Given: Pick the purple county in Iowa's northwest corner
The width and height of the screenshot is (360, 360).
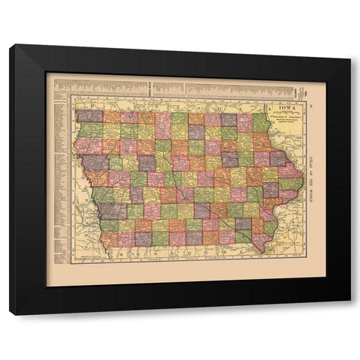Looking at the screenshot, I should [89, 116].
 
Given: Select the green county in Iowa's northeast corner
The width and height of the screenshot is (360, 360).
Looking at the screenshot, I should [260, 121].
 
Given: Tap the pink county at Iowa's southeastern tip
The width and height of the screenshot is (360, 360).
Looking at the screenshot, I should [260, 241].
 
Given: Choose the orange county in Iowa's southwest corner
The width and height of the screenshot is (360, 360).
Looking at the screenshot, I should [109, 239].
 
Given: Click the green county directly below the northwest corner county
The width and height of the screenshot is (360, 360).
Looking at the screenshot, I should [89, 130].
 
